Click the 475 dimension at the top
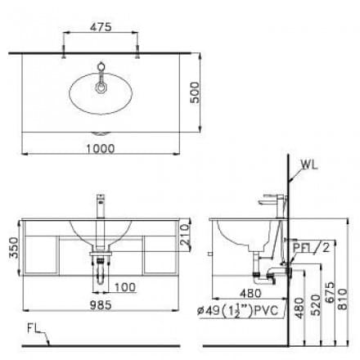tap(101, 27)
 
